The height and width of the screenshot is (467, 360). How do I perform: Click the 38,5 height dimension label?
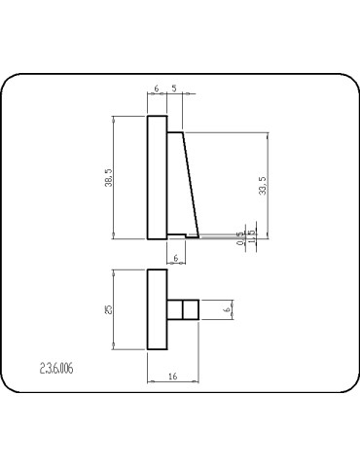point(110,178)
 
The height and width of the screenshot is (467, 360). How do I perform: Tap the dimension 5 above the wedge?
point(173,89)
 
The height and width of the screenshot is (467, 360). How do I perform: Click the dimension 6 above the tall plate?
point(157,89)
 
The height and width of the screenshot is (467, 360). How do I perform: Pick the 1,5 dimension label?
point(252,235)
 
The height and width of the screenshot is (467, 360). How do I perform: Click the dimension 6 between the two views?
point(175,257)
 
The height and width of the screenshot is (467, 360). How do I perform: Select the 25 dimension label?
point(110,308)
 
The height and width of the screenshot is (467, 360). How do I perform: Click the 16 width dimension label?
point(172,374)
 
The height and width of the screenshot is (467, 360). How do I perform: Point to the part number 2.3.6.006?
point(56,369)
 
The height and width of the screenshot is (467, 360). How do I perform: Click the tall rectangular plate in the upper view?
point(157,177)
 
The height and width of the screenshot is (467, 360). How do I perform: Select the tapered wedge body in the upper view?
point(182,185)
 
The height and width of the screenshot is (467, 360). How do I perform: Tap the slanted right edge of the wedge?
point(192,185)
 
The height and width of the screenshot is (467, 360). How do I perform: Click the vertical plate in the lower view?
point(157,309)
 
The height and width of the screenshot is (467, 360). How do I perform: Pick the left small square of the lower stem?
point(175,309)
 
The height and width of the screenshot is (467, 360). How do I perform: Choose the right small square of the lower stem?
point(193,309)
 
